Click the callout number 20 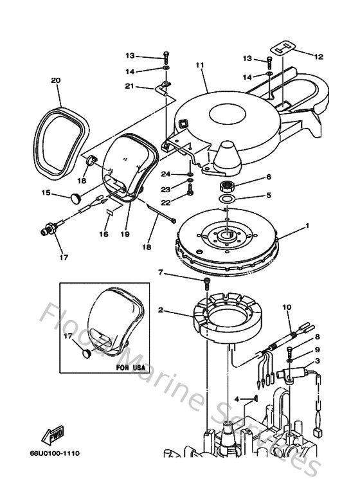click(x=55, y=80)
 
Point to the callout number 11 click(x=199, y=65)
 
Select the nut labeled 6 click(x=228, y=185)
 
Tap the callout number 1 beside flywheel click(x=307, y=226)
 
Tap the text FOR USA click(x=132, y=368)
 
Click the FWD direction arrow click(x=51, y=437)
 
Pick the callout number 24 click(x=165, y=174)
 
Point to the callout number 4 click(x=237, y=399)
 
